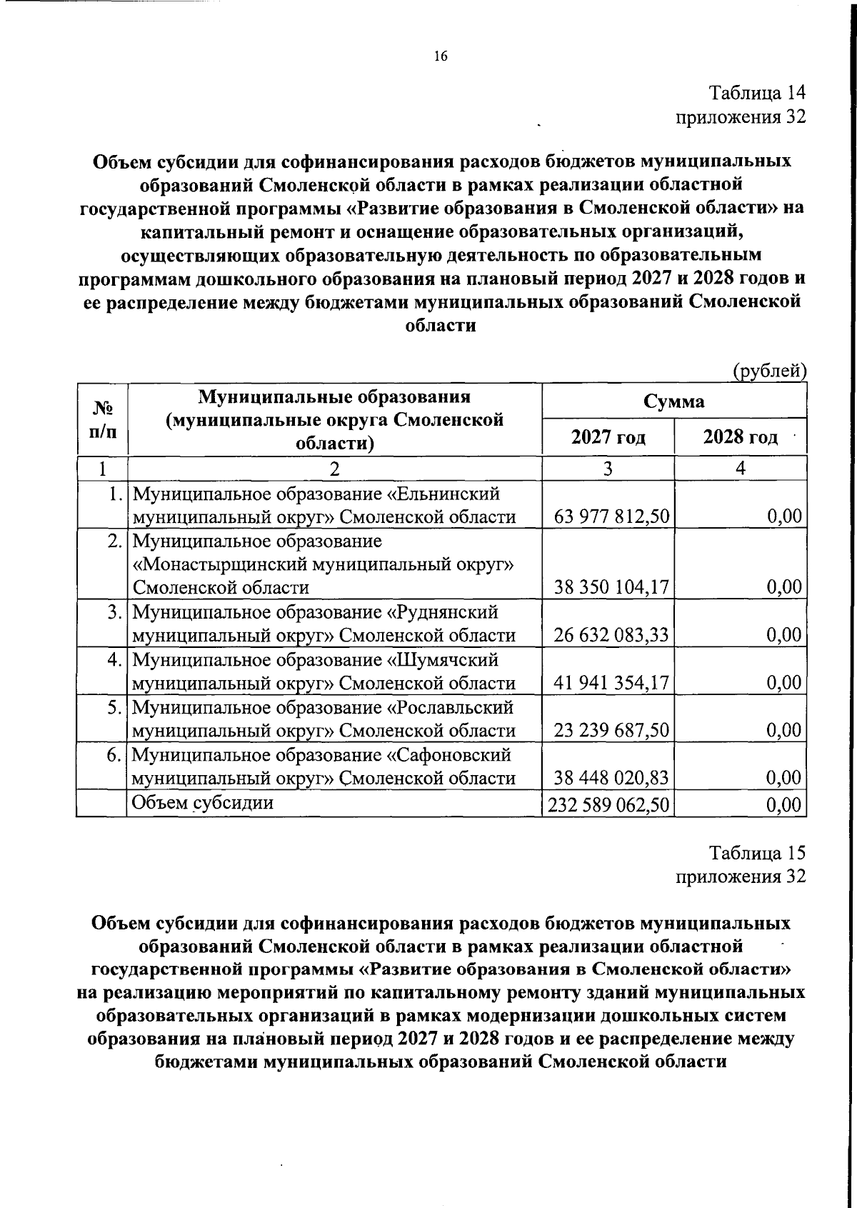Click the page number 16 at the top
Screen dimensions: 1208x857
click(x=441, y=56)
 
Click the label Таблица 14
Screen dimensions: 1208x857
click(x=756, y=93)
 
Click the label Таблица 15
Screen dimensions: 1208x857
click(x=756, y=852)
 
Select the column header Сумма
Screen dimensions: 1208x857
click(x=673, y=401)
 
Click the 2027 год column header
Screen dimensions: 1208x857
click(x=608, y=436)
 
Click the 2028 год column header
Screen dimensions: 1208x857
click(x=740, y=436)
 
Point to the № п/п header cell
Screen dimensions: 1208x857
click(x=101, y=419)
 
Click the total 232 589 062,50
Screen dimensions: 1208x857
click(x=608, y=805)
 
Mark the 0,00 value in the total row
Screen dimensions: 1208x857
click(x=783, y=805)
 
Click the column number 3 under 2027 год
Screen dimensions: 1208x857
click(x=608, y=469)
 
